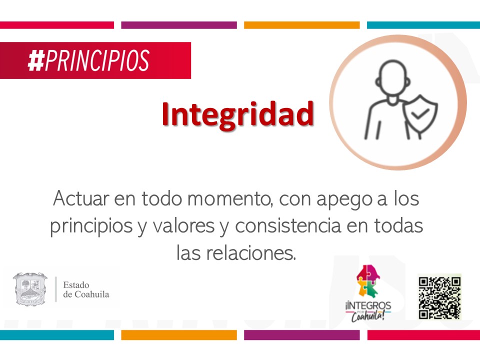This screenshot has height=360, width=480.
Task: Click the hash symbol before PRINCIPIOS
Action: click(36, 60)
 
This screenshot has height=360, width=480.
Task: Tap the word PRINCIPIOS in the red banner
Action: click(97, 60)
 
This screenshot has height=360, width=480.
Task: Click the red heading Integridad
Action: click(238, 114)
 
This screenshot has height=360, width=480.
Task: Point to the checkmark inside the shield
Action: click(419, 114)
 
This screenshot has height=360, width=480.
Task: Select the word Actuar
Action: click(81, 198)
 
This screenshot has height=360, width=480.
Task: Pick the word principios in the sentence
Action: click(91, 227)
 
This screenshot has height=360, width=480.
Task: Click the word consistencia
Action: click(288, 226)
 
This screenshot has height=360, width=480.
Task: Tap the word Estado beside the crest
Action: click(76, 285)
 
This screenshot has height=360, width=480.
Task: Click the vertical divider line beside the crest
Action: click(56, 289)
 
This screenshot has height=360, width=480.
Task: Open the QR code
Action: click(439, 296)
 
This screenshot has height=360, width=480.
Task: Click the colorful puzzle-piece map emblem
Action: click(368, 281)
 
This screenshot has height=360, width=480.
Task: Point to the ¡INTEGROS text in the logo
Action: click(368, 305)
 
